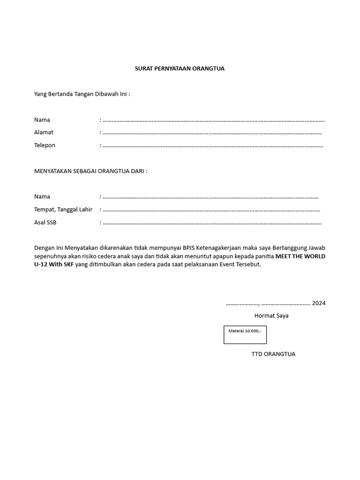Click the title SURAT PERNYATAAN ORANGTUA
[x=180, y=68]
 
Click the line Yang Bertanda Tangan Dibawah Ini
[x=82, y=94]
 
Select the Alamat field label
[x=44, y=133]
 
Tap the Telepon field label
[x=45, y=145]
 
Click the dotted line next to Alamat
[x=212, y=133]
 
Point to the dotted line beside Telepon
[x=212, y=145]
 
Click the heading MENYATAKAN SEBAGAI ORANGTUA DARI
[x=90, y=171]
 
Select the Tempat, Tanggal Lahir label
[x=63, y=210]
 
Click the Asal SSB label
[x=45, y=222]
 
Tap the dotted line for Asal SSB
[x=212, y=222]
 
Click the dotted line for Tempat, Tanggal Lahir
[x=212, y=210]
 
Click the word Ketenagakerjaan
[x=218, y=247]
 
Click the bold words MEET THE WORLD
[x=300, y=256]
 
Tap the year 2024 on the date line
[x=319, y=303]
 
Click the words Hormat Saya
[x=271, y=316]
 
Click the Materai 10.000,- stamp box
[x=245, y=335]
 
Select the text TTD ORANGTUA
[x=273, y=354]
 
